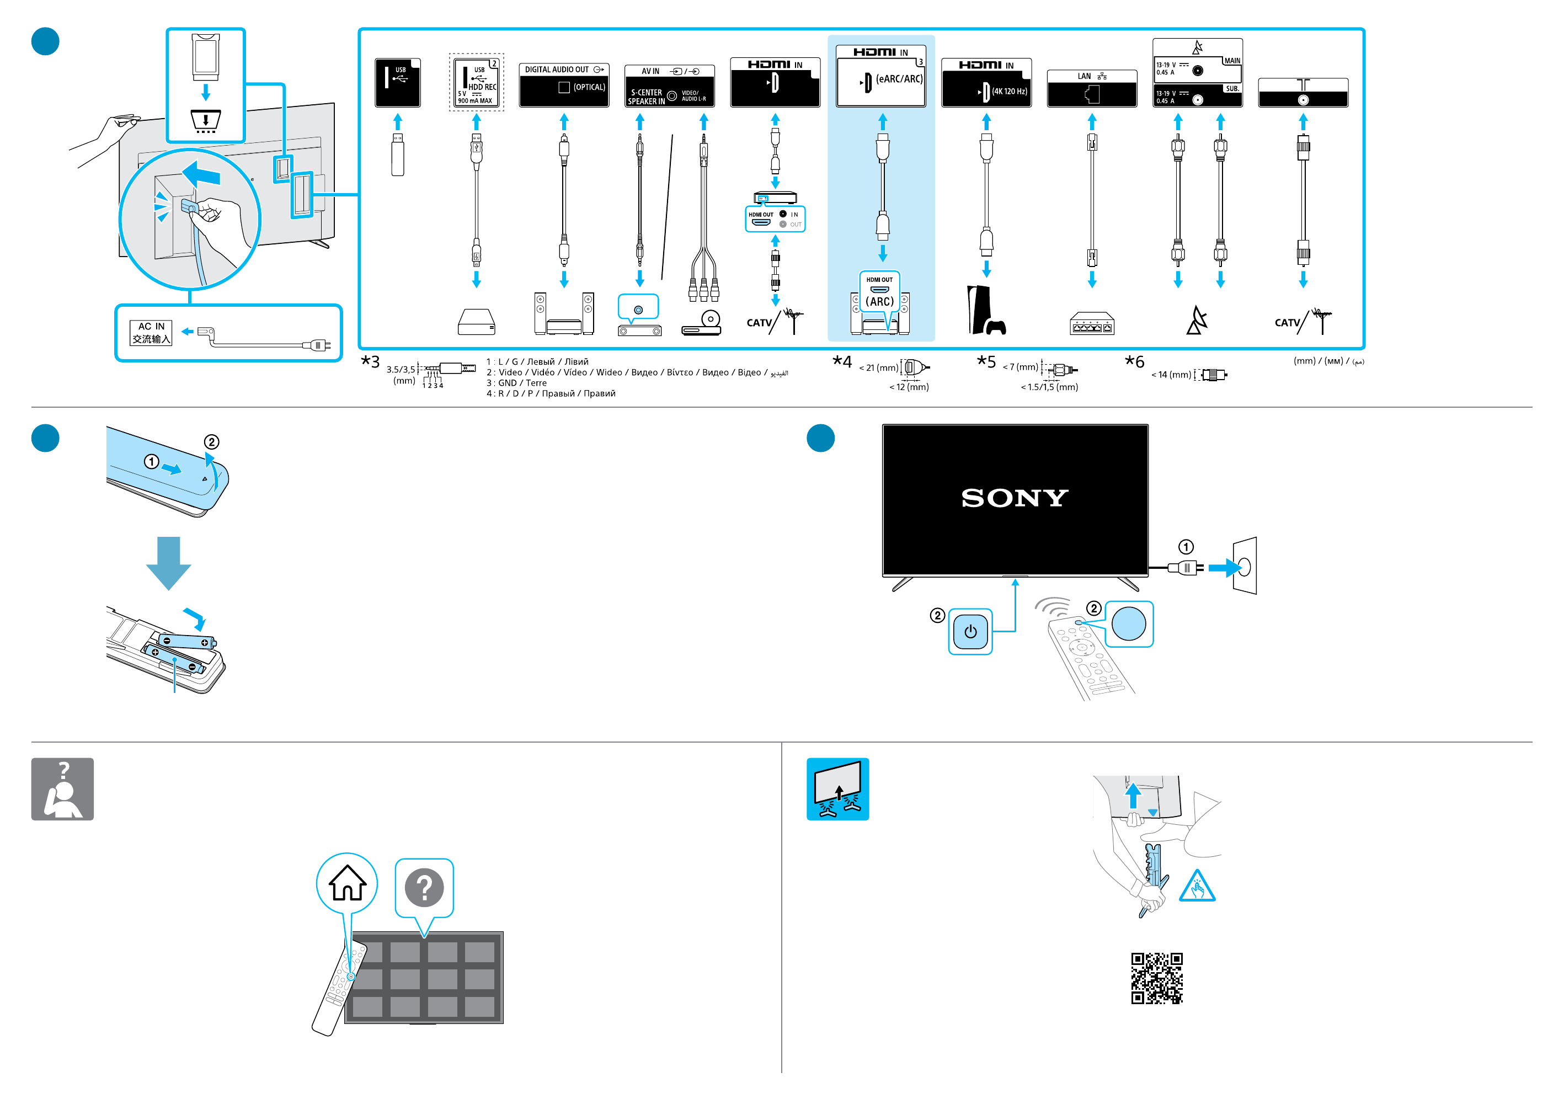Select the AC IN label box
point(151,333)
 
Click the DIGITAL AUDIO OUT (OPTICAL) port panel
point(563,85)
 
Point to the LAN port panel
point(1091,88)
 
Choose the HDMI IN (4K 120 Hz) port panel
point(986,83)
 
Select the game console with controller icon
point(985,311)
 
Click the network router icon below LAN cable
point(1091,324)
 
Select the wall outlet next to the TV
point(1245,566)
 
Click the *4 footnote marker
point(842,361)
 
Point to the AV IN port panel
point(669,86)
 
